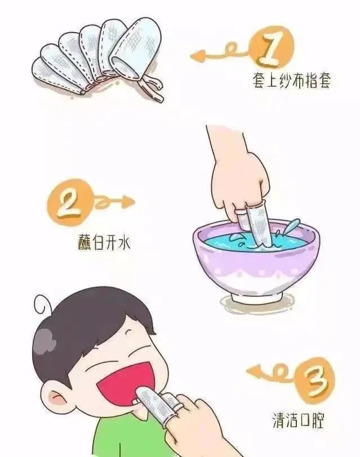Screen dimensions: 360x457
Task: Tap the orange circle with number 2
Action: pyautogui.click(x=69, y=201)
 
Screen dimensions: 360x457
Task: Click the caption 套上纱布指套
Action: pyautogui.click(x=291, y=80)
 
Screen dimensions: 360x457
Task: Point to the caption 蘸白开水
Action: pyautogui.click(x=104, y=242)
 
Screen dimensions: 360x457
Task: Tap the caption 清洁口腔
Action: pyautogui.click(x=299, y=420)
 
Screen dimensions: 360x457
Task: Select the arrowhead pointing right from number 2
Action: pyautogui.click(x=128, y=201)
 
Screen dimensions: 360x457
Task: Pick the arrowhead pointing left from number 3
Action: pyautogui.click(x=252, y=371)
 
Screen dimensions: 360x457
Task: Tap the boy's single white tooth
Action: pyautogui.click(x=135, y=401)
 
